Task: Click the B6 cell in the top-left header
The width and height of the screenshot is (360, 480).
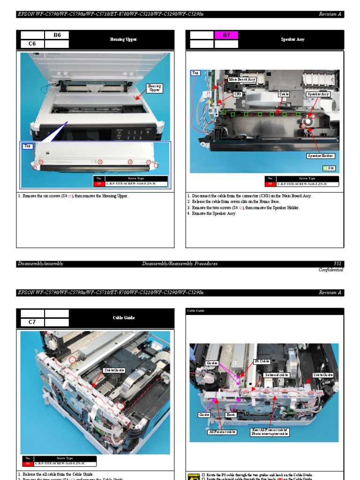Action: (x=57, y=35)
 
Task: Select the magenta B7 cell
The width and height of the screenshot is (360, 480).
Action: (x=226, y=35)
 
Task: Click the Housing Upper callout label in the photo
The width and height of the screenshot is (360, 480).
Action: (x=154, y=88)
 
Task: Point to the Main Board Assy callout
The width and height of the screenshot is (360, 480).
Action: (x=242, y=80)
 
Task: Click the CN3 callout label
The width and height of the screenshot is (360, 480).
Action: (x=239, y=94)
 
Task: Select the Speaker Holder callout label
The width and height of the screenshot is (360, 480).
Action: (x=321, y=156)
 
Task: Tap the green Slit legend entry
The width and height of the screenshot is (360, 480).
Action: (x=329, y=168)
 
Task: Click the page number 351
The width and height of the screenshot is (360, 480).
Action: (x=337, y=264)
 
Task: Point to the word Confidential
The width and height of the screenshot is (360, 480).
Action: (x=330, y=270)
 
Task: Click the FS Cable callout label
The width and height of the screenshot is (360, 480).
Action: (x=262, y=361)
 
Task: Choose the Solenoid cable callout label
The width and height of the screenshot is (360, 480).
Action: (x=276, y=375)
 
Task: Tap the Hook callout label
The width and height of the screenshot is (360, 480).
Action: (x=231, y=415)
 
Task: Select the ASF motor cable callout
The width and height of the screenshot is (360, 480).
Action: (x=222, y=432)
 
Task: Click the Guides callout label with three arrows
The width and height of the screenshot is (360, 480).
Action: (x=212, y=363)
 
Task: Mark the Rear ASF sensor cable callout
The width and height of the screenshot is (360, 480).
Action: (x=270, y=432)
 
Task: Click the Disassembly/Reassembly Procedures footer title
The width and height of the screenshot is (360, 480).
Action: (x=180, y=264)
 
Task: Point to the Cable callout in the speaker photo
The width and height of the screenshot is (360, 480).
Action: (x=284, y=94)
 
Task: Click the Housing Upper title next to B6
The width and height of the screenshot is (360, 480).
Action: (x=123, y=40)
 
